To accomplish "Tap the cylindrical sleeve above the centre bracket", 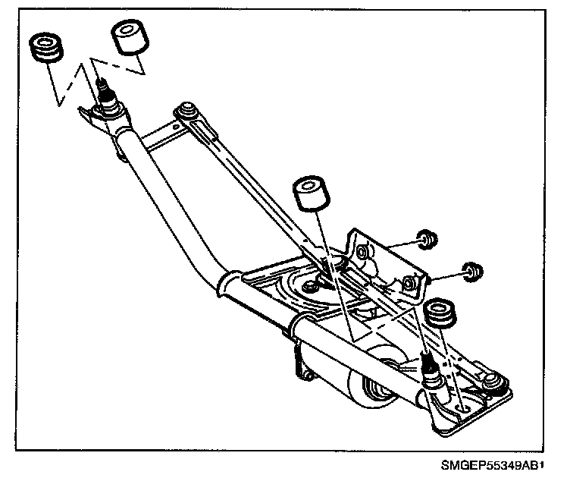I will (x=310, y=194).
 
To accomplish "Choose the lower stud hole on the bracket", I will (x=409, y=282).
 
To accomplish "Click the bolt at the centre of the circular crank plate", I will (x=311, y=287).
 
